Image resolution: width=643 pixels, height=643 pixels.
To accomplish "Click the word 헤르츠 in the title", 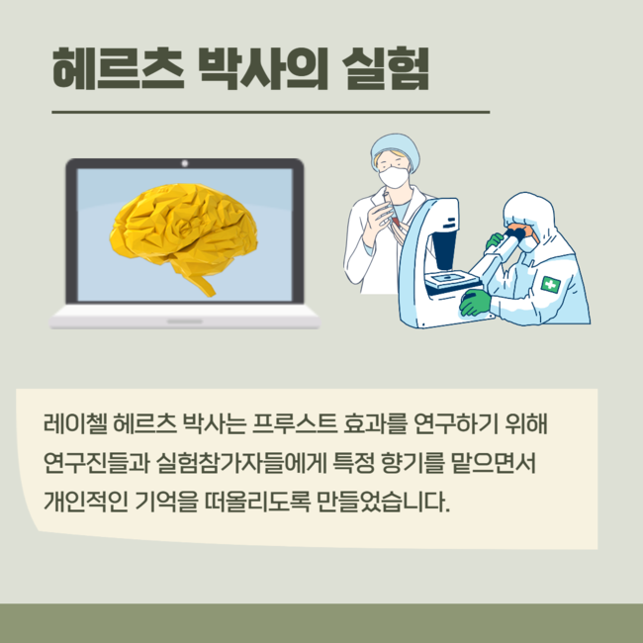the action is pyautogui.click(x=118, y=68).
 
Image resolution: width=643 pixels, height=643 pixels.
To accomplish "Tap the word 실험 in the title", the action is pyautogui.click(x=386, y=68).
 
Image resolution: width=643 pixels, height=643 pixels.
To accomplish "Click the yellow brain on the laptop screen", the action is pyautogui.click(x=183, y=237).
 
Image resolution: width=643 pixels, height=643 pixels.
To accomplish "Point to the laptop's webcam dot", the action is pyautogui.click(x=185, y=163).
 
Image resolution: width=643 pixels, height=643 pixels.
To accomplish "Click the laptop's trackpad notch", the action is pyautogui.click(x=185, y=321).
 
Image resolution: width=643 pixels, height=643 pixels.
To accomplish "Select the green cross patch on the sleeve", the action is pyautogui.click(x=550, y=285).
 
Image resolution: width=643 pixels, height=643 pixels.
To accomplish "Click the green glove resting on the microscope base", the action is pyautogui.click(x=475, y=303).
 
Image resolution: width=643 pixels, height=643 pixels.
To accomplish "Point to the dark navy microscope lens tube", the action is pyautogui.click(x=444, y=249).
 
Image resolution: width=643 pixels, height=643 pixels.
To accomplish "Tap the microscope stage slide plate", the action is pyautogui.click(x=452, y=279).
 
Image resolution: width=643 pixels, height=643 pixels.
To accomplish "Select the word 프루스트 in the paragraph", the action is pyautogui.click(x=295, y=423).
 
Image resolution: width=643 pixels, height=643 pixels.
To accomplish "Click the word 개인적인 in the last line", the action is pyautogui.click(x=85, y=502).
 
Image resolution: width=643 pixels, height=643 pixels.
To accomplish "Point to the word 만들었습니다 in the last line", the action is pyautogui.click(x=383, y=502).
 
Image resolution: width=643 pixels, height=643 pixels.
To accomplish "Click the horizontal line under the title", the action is pyautogui.click(x=271, y=112).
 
